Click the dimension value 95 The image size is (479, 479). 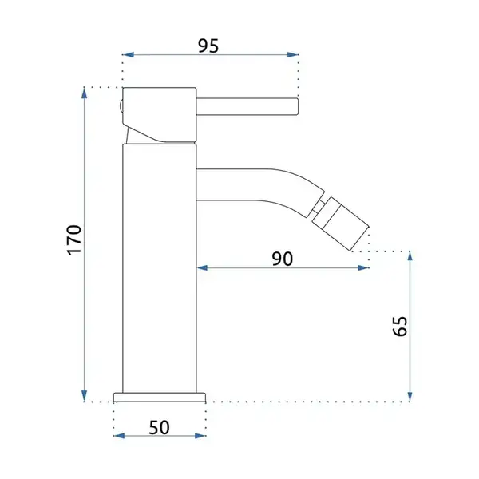tap(208, 46)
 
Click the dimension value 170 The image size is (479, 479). tap(74, 240)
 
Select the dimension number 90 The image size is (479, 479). tap(283, 259)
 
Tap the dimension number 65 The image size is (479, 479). tap(400, 326)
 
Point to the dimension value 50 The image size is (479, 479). tap(159, 427)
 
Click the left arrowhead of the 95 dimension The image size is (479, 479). tap(129, 55)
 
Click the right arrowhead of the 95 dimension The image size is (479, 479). tap(293, 55)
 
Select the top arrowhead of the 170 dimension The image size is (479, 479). tap(85, 93)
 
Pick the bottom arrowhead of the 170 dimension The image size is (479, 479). tap(85, 396)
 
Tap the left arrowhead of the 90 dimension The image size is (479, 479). tap(202, 268)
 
